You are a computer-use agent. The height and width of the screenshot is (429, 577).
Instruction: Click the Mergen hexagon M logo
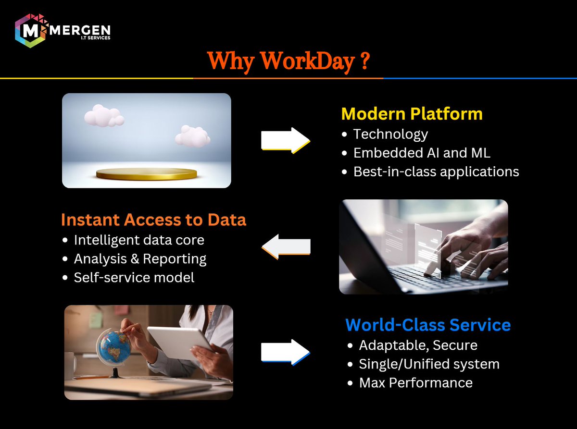point(30,31)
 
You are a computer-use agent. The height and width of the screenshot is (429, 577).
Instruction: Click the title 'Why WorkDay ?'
point(288,61)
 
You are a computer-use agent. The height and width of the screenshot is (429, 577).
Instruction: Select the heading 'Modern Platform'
point(412,114)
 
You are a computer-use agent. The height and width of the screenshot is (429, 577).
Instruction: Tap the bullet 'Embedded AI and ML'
point(422,153)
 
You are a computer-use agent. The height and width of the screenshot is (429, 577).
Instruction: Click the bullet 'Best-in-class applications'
point(436,172)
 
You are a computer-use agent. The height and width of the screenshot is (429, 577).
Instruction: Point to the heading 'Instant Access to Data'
point(153,220)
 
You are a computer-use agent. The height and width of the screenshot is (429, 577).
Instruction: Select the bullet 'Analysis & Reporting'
point(140,258)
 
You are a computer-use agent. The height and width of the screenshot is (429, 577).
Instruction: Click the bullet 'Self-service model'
point(134,277)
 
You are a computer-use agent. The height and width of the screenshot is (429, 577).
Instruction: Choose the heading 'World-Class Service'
point(428,325)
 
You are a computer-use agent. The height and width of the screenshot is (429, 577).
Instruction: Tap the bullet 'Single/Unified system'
point(429,364)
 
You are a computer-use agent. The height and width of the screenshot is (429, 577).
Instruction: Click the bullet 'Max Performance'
point(415,382)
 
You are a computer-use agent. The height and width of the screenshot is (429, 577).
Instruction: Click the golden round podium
point(146,173)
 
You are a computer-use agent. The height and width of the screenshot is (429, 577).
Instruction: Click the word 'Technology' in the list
point(390,134)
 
